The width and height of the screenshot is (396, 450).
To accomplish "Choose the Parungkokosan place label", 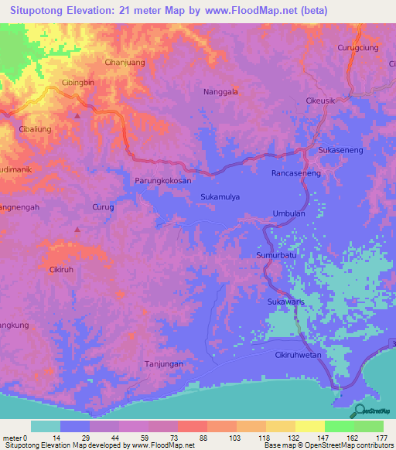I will coord(162,181).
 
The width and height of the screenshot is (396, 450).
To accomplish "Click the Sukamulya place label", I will coord(220,196).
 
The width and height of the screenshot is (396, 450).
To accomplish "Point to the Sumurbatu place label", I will coord(277,254).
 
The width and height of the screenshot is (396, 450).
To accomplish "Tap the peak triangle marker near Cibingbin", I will coord(77,115).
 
